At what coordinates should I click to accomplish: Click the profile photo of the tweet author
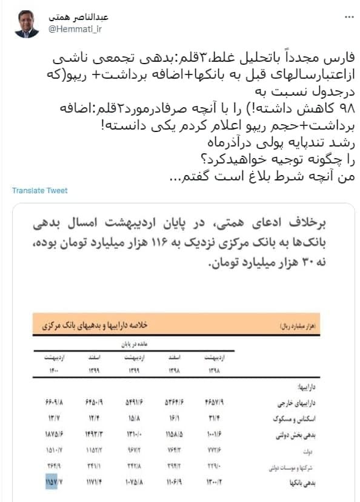coord(27,24)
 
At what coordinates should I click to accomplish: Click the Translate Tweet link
coord(40,191)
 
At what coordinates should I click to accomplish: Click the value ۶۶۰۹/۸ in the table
coord(54,401)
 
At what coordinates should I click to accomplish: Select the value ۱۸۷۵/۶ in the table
coord(54,435)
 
